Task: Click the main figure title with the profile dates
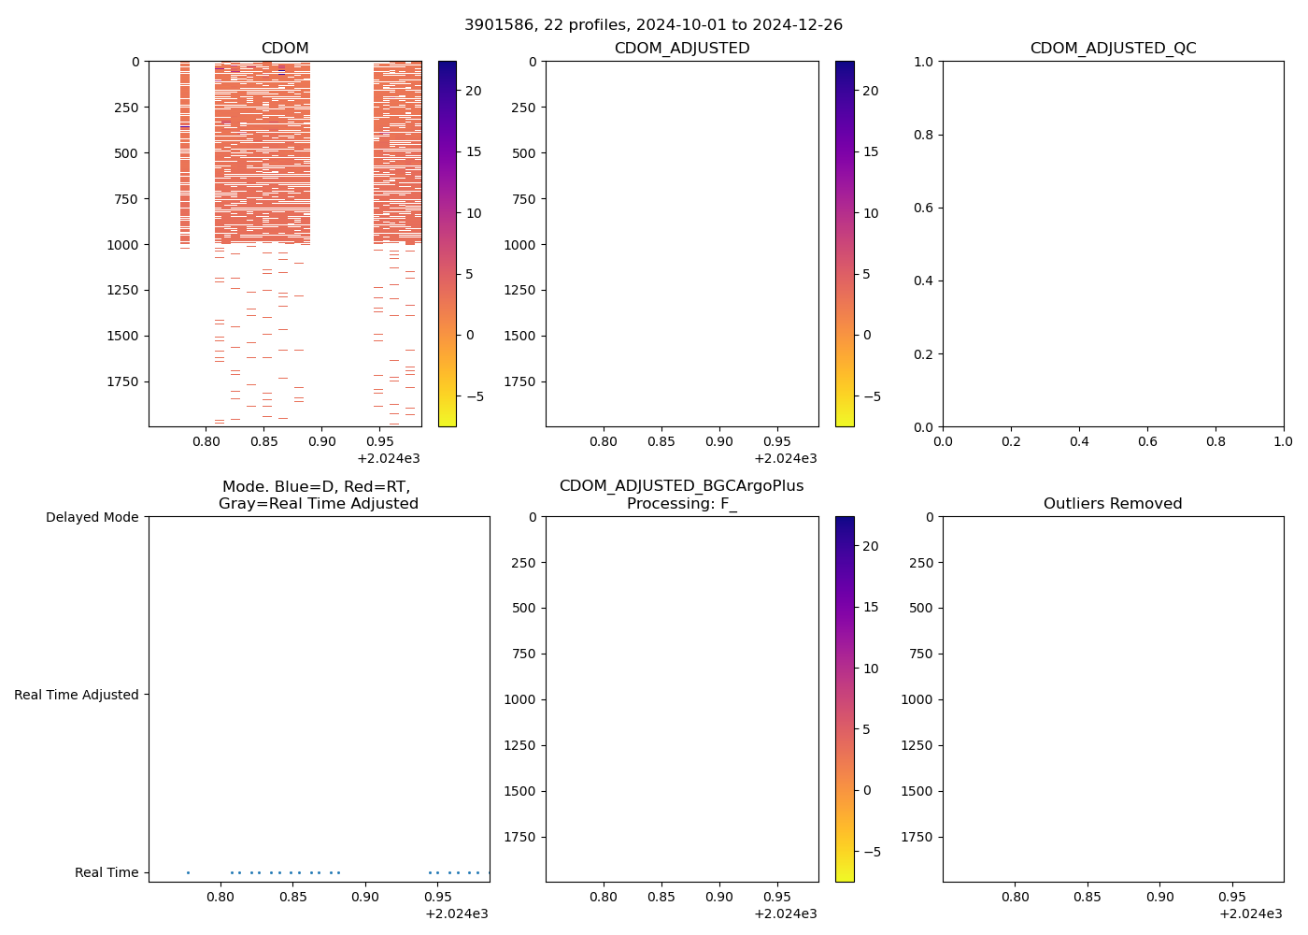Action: click(653, 24)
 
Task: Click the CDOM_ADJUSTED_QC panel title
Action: click(1113, 49)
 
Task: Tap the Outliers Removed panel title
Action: click(1113, 504)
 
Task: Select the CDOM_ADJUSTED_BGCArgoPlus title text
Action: click(681, 486)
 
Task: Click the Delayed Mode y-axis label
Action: click(92, 517)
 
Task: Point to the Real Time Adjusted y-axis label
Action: click(77, 695)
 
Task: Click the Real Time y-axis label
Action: click(107, 872)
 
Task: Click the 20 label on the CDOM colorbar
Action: click(474, 91)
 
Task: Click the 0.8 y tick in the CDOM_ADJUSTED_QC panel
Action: click(922, 135)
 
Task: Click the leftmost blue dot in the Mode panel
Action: click(188, 872)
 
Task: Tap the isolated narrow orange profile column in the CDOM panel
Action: click(185, 150)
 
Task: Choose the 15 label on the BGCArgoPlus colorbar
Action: click(871, 608)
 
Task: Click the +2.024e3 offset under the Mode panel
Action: click(456, 913)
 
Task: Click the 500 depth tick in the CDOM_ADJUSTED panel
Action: click(523, 153)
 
